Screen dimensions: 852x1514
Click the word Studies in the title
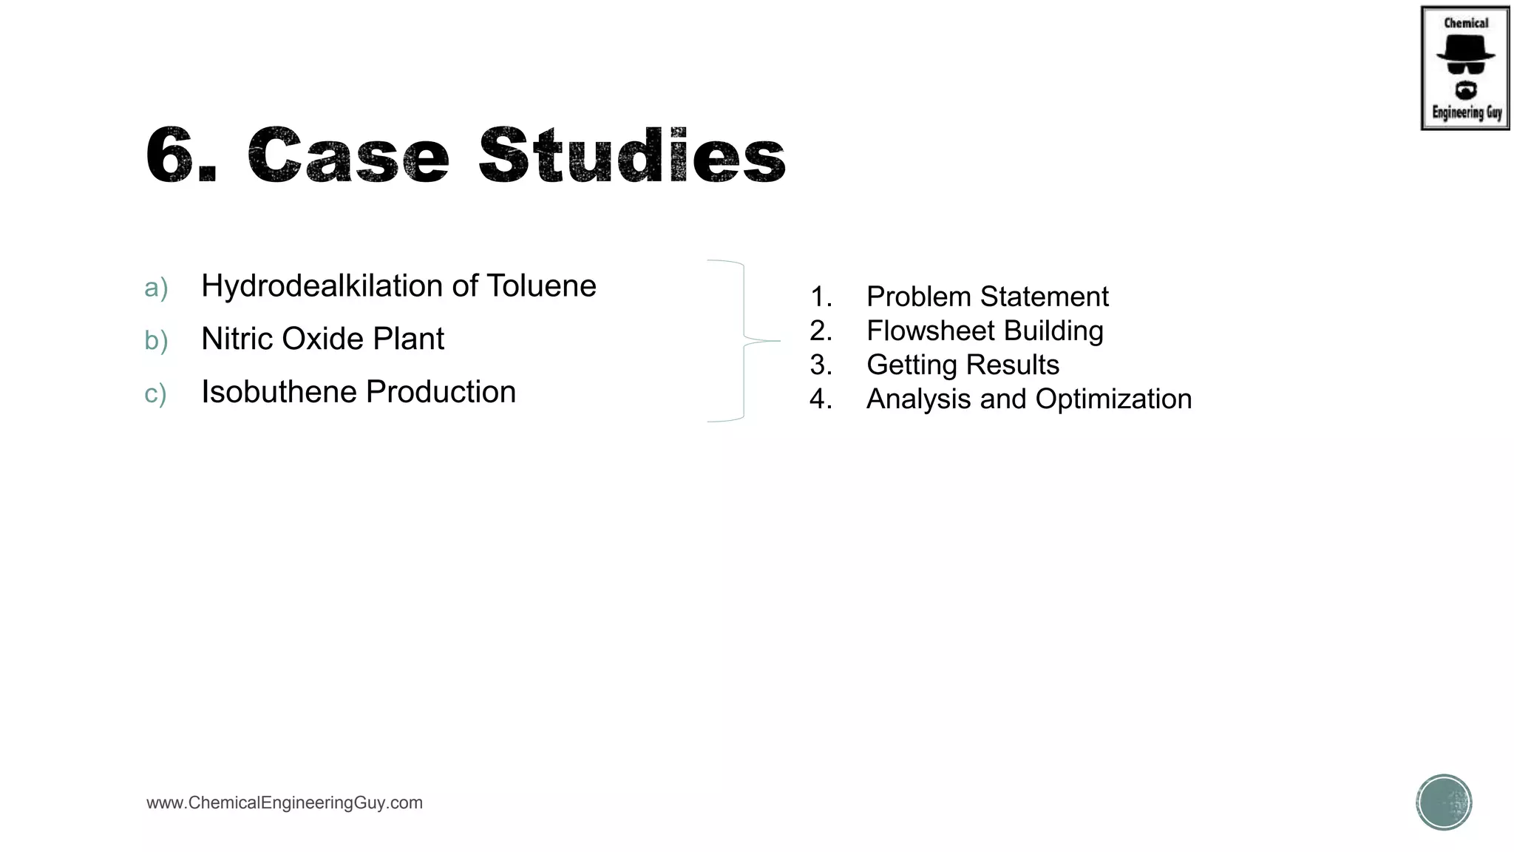[632, 155]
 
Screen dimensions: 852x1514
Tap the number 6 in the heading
[172, 155]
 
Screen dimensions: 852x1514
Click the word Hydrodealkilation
[322, 286]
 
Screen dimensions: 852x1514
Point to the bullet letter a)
[156, 288]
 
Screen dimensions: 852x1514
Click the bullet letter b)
[156, 341]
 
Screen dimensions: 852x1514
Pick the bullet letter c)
[155, 393]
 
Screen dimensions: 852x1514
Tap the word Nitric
[237, 339]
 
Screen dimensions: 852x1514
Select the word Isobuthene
[279, 392]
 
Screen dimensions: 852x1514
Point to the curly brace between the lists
[743, 341]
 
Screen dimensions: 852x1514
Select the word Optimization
[1113, 399]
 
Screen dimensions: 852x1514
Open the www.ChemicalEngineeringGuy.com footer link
[285, 803]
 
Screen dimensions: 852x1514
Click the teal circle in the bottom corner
[1444, 802]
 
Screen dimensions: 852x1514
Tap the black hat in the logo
[1465, 49]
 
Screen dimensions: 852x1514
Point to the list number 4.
[820, 399]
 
